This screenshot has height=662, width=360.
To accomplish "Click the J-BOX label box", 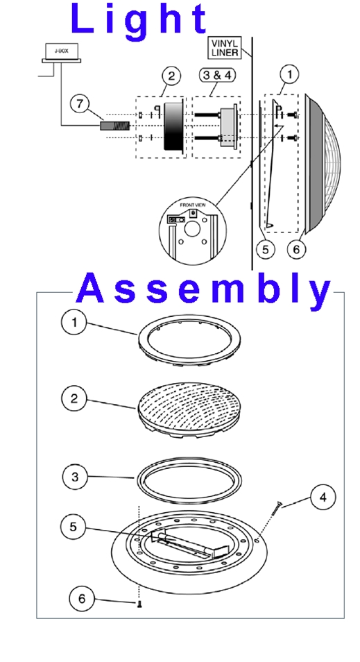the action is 61,51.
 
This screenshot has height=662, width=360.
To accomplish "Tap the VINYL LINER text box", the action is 225,48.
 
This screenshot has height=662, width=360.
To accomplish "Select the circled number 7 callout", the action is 80,104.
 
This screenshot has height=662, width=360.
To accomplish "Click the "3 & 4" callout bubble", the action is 217,75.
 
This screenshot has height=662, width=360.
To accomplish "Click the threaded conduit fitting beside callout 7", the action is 114,126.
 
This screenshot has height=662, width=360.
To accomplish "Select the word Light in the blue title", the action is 139,19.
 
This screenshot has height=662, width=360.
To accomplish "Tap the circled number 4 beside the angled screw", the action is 323,497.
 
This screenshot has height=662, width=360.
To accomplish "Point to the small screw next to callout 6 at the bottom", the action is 139,604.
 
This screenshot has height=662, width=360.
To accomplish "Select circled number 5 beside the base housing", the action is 74,527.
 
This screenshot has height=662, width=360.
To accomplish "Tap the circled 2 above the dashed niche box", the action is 171,76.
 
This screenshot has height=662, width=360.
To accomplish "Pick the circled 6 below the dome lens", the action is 296,250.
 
